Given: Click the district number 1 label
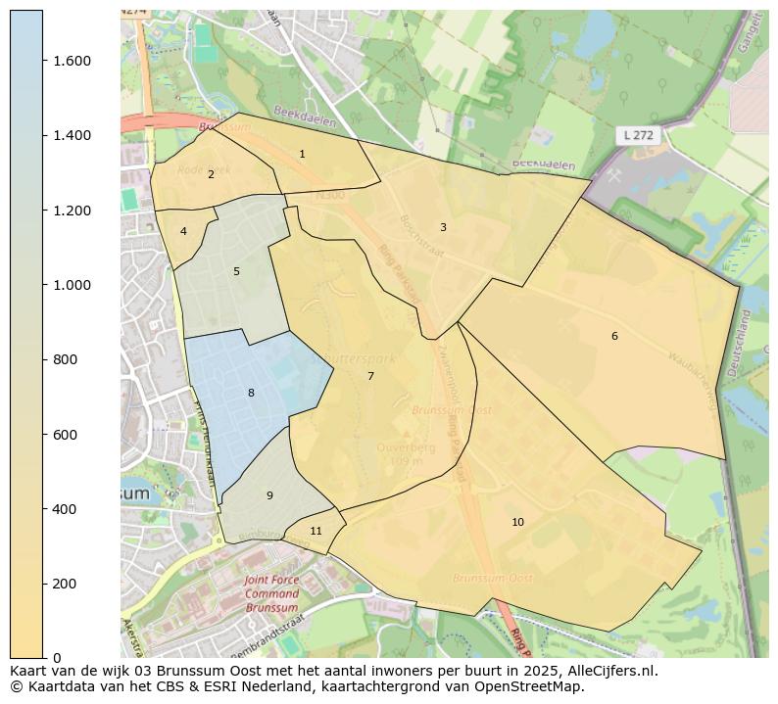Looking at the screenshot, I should (x=302, y=154).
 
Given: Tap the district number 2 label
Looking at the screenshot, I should (x=211, y=174).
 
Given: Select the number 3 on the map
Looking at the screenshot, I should (x=443, y=227).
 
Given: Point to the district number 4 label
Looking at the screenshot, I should (x=183, y=231).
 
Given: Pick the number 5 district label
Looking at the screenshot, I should (x=236, y=271).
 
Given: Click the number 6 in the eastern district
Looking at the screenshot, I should (x=614, y=336).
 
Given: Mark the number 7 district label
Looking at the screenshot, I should (x=370, y=376).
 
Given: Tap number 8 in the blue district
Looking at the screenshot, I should (x=251, y=393).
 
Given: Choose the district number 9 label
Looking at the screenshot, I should (x=269, y=495).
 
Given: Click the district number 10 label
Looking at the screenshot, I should (x=517, y=522).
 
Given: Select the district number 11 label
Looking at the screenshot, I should (x=316, y=531).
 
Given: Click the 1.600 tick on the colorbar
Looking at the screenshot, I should (x=73, y=61).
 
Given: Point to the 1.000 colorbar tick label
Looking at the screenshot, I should (x=73, y=285).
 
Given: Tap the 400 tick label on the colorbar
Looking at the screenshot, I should (x=65, y=509).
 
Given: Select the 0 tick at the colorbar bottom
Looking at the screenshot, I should (x=57, y=658).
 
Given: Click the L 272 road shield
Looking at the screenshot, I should (x=636, y=135).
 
